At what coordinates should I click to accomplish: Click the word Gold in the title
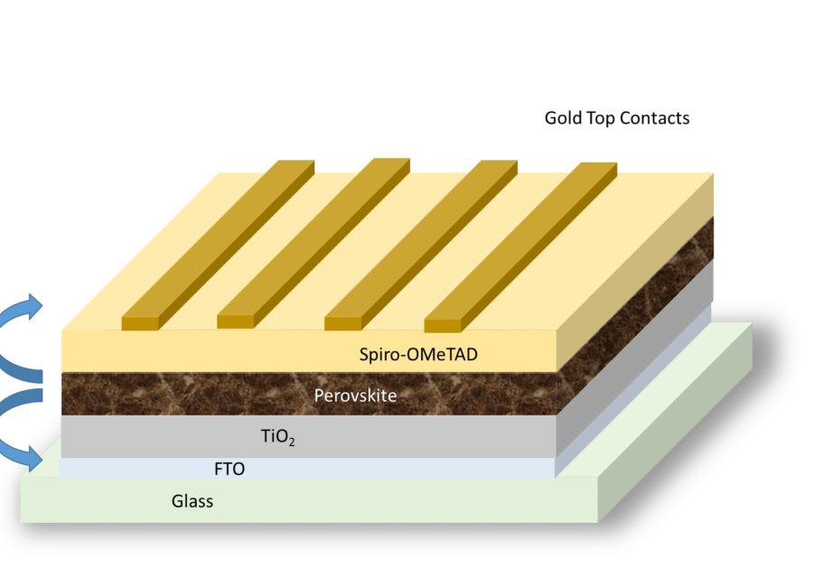[x=564, y=118]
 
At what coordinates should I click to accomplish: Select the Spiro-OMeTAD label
[x=418, y=354]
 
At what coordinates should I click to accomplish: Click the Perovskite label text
[x=355, y=395]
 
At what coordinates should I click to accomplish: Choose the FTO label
[x=229, y=469]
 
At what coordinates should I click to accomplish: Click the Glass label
[x=192, y=500]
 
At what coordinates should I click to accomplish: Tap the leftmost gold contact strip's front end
[x=145, y=321]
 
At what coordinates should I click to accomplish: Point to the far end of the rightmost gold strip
[x=598, y=167]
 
